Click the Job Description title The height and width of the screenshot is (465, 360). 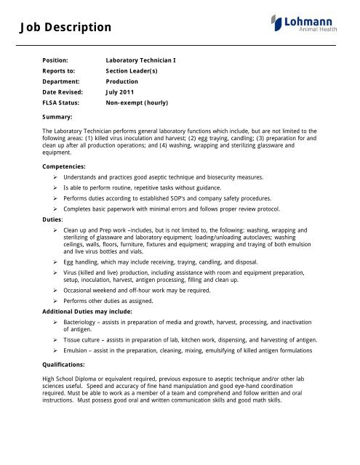[x=60, y=28]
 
